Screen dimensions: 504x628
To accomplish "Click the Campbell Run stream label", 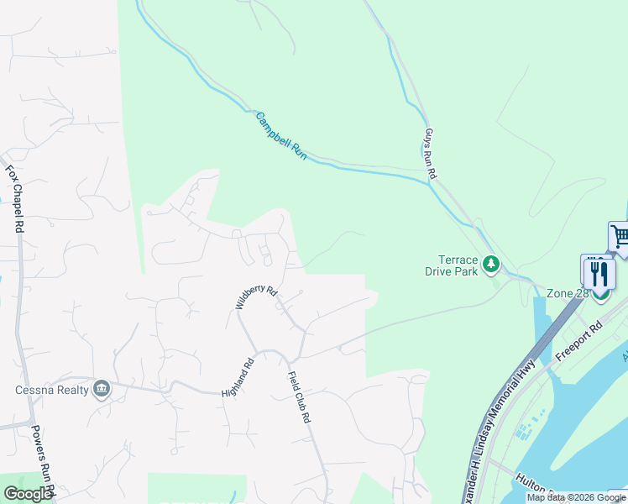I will pos(281,137).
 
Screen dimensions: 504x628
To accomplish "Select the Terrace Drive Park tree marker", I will pos(491,265).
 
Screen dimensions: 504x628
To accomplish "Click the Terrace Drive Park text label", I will pos(458,265).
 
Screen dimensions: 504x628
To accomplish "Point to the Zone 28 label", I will pos(568,293).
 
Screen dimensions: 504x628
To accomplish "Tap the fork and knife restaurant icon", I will pos(599,273).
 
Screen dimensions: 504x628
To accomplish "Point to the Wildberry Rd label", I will pos(256,297).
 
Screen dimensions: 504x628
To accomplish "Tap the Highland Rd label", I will pos(238,379).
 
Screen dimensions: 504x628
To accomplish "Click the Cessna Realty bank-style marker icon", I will pos(102,388).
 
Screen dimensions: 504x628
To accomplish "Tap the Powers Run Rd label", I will pos(42,458).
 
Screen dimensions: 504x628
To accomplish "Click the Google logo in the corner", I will pos(28,494).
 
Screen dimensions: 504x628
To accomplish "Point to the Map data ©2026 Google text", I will pos(576,497).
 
